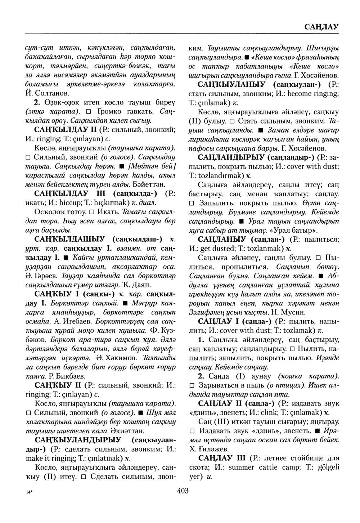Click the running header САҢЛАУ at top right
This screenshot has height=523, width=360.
pos(321,27)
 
